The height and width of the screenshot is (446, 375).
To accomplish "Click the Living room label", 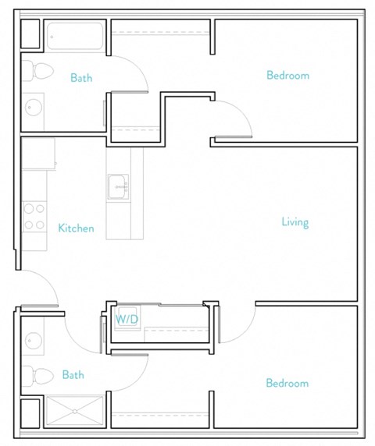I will [x=295, y=222].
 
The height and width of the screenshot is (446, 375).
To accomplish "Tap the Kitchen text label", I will [x=76, y=228].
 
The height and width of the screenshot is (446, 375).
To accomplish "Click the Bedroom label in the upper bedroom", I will [x=287, y=76].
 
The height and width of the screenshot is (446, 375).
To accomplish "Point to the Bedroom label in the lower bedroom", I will [x=287, y=383].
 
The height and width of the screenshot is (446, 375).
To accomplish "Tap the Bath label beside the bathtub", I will [x=82, y=78].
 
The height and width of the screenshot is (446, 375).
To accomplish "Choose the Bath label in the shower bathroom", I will [x=73, y=375].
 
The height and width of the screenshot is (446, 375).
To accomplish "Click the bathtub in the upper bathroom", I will [x=74, y=36].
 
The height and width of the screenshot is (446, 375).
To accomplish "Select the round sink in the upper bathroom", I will [x=34, y=106].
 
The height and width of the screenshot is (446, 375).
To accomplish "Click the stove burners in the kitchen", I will [x=34, y=216].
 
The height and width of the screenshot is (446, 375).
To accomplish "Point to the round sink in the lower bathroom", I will [x=34, y=340].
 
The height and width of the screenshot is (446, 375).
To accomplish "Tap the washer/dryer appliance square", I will [x=126, y=320].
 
